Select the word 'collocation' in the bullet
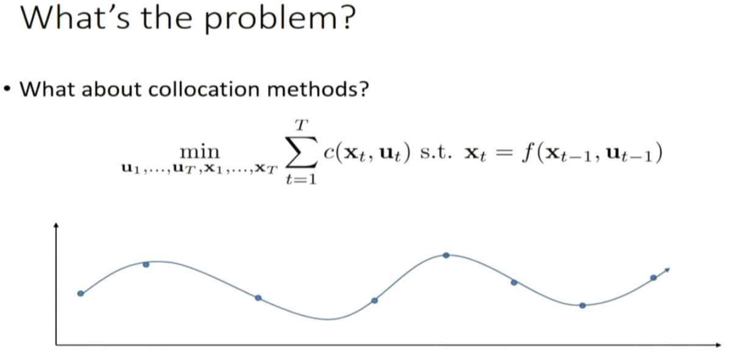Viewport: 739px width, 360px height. tap(204, 90)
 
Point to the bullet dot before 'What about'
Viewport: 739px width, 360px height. tap(7, 90)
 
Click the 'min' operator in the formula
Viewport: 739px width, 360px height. tap(200, 152)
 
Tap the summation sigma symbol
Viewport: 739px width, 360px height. tap(302, 152)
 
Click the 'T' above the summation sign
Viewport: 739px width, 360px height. tap(302, 125)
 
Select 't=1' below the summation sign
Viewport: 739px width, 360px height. tap(301, 179)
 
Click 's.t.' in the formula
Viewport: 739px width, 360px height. tap(436, 153)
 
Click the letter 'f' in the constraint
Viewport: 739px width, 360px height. tap(527, 152)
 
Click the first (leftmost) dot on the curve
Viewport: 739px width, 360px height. tap(81, 294)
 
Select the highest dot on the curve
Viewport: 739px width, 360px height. tap(446, 255)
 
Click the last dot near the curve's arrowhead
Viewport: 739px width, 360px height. tap(653, 278)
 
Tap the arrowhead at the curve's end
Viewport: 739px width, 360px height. tap(667, 270)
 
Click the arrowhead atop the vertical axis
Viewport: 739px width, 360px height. tap(56, 225)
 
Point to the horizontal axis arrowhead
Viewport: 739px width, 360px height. tap(718, 345)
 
